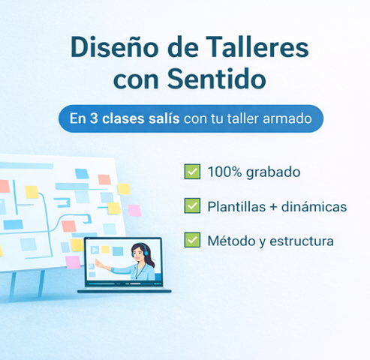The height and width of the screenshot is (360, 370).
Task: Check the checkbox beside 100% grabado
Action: pos(191,172)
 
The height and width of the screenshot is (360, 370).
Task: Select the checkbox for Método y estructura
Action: pos(191,241)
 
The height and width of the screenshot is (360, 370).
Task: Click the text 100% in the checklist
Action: pos(223,172)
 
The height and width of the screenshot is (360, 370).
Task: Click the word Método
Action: pos(231,241)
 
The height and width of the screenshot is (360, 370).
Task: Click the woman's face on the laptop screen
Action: pos(139,256)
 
